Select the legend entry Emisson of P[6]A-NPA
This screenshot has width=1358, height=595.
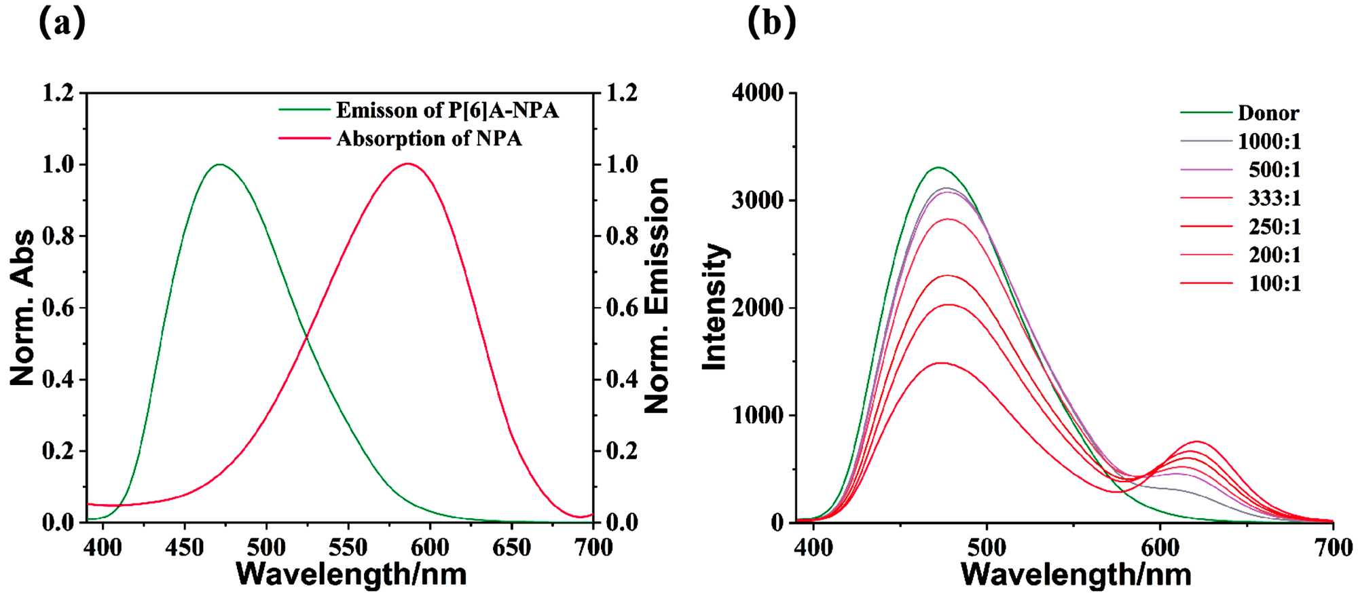(447, 110)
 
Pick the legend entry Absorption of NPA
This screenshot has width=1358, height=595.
(429, 139)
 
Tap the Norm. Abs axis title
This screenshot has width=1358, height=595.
(22, 308)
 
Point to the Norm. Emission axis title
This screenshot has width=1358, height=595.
(656, 295)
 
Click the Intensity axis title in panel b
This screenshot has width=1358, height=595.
(714, 307)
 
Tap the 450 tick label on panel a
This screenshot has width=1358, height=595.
(185, 547)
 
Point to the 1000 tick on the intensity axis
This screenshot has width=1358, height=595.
(758, 415)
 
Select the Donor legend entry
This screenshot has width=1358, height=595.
(1268, 113)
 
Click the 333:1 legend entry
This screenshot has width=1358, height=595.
(1274, 198)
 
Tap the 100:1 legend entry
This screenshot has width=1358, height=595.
(1274, 283)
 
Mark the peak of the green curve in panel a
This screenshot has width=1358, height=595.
(219, 164)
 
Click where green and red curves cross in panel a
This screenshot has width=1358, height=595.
(307, 336)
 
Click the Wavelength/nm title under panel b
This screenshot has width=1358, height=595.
(1076, 575)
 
